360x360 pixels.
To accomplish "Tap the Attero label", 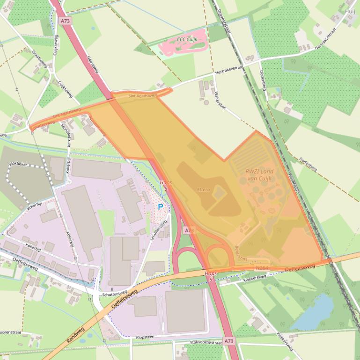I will click(x=204, y=189).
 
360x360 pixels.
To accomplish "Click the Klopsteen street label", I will click(x=146, y=336).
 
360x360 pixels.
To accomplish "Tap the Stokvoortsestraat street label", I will click(x=206, y=342).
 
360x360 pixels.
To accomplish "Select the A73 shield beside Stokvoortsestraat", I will click(x=228, y=341).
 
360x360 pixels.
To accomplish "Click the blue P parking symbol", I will click(x=161, y=206).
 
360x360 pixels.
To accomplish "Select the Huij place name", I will click(x=350, y=11).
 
